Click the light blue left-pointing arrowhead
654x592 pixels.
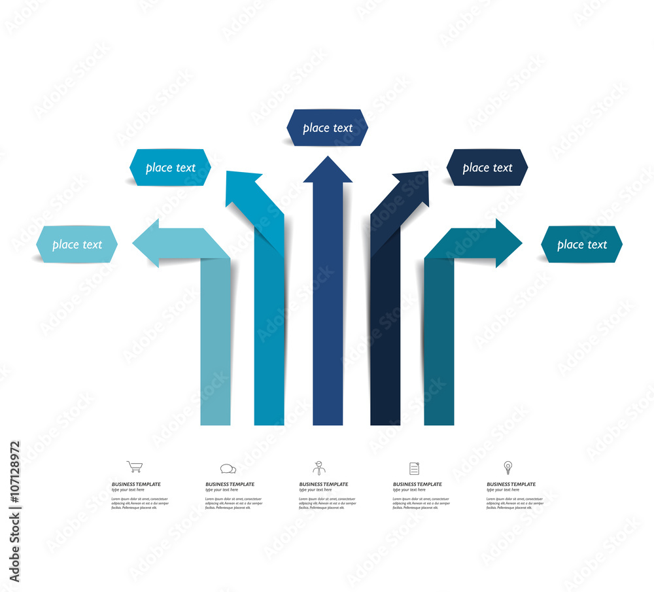(147, 243)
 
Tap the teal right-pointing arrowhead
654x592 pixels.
(508, 243)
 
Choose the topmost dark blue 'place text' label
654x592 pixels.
(327, 128)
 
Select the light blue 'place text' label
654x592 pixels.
(77, 245)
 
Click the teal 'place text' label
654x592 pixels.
(581, 245)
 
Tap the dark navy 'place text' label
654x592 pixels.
(487, 167)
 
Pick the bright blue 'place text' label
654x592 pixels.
(170, 167)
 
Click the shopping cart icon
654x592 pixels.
(134, 466)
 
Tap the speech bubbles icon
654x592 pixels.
(228, 468)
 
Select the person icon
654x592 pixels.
(318, 468)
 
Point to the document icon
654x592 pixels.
(414, 468)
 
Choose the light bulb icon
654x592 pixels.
(508, 467)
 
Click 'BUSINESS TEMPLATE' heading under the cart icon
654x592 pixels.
(136, 484)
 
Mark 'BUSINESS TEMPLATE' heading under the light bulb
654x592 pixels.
(511, 484)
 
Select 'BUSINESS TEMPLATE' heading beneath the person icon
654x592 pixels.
(324, 484)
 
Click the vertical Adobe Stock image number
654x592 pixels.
(15, 510)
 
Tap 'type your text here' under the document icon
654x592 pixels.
(409, 490)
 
